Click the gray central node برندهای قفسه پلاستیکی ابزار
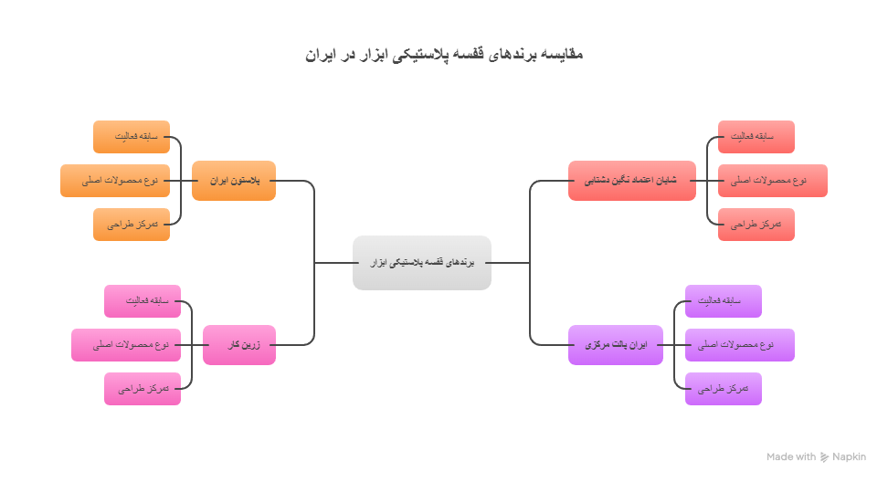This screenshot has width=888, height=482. coord(422,263)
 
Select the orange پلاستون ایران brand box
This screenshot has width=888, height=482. coord(234,181)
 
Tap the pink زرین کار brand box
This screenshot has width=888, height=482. coord(239,345)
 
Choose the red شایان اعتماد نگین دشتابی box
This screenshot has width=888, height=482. coord(631,181)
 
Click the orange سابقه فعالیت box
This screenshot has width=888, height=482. coord(132,137)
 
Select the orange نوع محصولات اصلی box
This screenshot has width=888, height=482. coord(115,181)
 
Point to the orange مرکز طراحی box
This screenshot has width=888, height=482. coord(132,225)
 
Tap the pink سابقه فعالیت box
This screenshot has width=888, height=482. coord(143,301)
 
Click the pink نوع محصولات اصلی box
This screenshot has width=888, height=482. coord(126,345)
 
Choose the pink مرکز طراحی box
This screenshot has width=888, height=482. coord(143,389)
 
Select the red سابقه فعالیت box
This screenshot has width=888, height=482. coord(756,137)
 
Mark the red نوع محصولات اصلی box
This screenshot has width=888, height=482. coord(772,181)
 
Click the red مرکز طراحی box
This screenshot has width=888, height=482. coord(756,225)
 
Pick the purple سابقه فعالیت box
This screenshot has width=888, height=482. coord(723,301)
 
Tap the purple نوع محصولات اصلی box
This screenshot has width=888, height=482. coord(739,345)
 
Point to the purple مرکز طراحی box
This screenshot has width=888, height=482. coord(723,389)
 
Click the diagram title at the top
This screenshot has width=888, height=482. coord(444,55)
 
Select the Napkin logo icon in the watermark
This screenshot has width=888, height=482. coord(825,457)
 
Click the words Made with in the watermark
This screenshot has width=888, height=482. coord(791,457)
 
